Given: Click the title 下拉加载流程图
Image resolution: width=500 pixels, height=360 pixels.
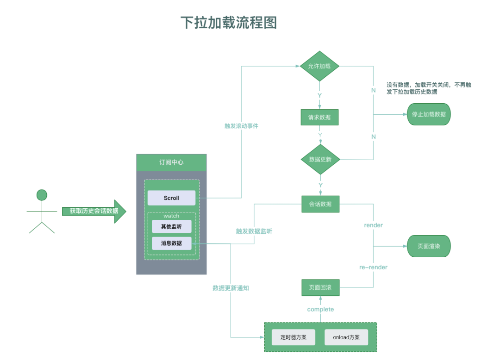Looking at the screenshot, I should pyautogui.click(x=228, y=22).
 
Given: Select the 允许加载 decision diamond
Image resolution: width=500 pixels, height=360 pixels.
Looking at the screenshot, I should pyautogui.click(x=319, y=66).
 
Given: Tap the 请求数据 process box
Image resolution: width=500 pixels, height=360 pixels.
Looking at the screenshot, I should pyautogui.click(x=319, y=117).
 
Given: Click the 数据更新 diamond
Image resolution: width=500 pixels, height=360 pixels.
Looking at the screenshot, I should pyautogui.click(x=319, y=159).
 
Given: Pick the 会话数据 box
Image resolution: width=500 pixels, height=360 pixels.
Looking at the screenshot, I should pyautogui.click(x=320, y=204).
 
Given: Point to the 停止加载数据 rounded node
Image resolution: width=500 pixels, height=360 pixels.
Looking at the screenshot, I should pyautogui.click(x=429, y=114).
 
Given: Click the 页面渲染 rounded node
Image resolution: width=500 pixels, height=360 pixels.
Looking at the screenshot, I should pyautogui.click(x=429, y=246).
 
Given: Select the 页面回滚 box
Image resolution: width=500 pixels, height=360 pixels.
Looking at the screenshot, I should pyautogui.click(x=320, y=287).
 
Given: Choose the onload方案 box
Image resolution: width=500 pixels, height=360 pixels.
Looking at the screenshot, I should pyautogui.click(x=346, y=337).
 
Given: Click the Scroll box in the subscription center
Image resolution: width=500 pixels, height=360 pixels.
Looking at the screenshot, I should pyautogui.click(x=171, y=198).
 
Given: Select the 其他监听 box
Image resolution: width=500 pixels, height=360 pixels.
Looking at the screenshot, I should pyautogui.click(x=171, y=227).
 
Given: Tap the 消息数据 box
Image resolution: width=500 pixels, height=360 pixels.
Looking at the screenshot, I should pyautogui.click(x=171, y=243).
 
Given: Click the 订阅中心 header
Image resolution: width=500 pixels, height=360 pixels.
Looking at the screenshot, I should pyautogui.click(x=171, y=162).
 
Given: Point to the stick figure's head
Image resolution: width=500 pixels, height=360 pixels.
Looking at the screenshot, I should pyautogui.click(x=42, y=195).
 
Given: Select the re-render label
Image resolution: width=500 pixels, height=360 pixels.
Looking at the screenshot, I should pyautogui.click(x=373, y=267).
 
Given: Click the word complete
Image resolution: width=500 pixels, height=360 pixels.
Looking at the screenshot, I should pyautogui.click(x=320, y=309).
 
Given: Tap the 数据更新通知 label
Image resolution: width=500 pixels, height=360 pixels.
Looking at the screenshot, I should pyautogui.click(x=231, y=288).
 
